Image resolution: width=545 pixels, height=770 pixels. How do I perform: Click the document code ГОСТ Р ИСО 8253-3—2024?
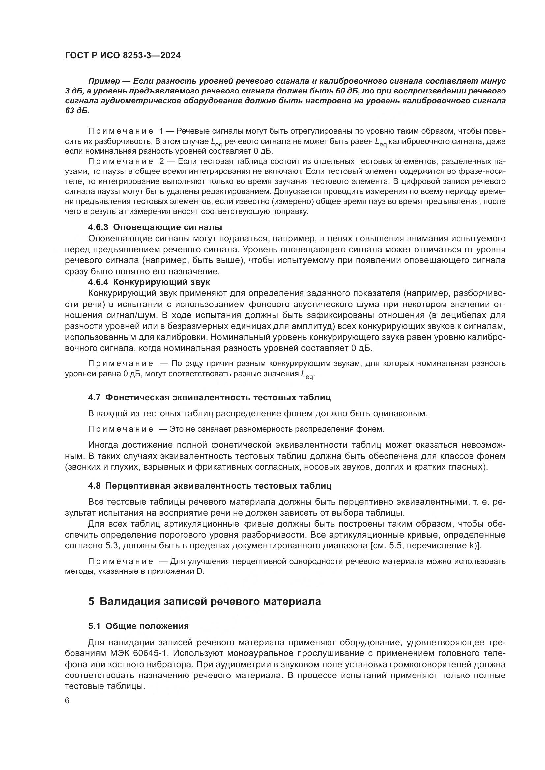tap(123, 56)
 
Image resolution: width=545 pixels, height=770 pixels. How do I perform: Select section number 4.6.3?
tap(98, 227)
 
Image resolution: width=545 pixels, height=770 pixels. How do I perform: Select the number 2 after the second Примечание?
tap(162, 162)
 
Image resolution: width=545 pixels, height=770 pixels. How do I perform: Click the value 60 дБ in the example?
tap(343, 91)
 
